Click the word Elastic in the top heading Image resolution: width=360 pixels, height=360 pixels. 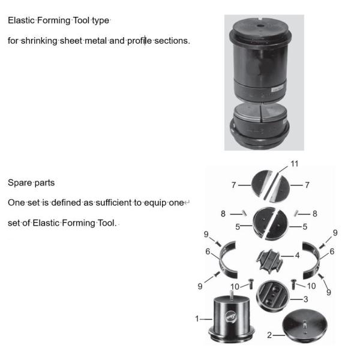coord(21,20)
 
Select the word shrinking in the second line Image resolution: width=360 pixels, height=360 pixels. coord(39,41)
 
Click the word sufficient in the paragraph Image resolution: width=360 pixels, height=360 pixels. coord(113,203)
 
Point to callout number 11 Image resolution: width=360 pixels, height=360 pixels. coord(295,164)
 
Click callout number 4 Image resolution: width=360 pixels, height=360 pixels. coord(297,256)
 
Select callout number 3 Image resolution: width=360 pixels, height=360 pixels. coord(305,299)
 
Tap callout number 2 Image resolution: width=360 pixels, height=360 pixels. coord(269,335)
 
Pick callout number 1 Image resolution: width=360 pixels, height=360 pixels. coord(197,319)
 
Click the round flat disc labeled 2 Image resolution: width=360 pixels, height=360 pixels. coord(305,325)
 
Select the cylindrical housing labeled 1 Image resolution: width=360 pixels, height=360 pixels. coord(231,319)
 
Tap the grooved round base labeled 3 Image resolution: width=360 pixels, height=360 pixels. coord(272,295)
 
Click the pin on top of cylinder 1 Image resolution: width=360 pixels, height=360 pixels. coord(232,295)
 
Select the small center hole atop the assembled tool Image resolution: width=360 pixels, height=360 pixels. coord(260,26)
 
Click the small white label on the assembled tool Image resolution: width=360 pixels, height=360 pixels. coord(277,88)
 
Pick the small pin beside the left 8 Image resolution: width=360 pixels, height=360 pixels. coord(245,214)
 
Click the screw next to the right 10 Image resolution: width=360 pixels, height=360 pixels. coord(293,284)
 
